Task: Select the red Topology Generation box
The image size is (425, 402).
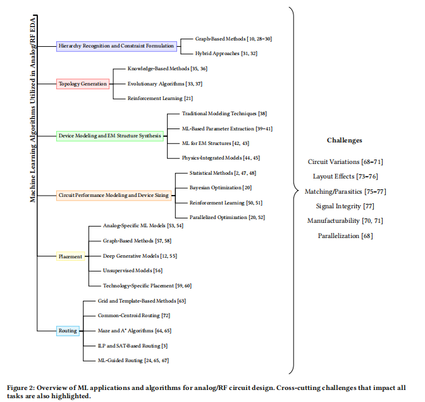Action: (83, 83)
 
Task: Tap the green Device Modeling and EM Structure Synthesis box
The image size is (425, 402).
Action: (110, 135)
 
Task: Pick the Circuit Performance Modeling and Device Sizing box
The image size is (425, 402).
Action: (114, 196)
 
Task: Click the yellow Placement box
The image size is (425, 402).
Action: (70, 256)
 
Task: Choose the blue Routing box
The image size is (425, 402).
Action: (68, 330)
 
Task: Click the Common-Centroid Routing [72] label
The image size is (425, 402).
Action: (134, 315)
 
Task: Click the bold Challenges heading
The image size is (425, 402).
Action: (344, 140)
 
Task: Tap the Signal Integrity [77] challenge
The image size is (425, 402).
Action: (345, 206)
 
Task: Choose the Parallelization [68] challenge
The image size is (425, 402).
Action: (345, 236)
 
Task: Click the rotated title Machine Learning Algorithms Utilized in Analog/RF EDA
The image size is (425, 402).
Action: (33, 108)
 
